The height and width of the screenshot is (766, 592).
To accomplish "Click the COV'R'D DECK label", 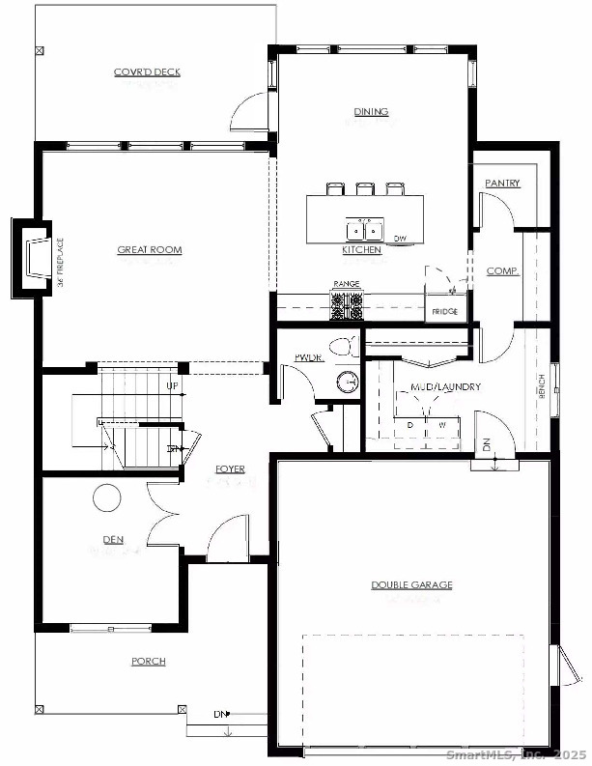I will point(147,72).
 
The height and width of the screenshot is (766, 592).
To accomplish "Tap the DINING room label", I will point(371,112).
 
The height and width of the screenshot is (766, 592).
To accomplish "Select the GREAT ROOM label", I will point(150,250).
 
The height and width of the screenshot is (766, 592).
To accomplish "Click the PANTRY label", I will point(502,183).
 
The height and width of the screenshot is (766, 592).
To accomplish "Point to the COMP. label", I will point(502,271).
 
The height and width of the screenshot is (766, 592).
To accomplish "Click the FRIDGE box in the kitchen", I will point(444,311).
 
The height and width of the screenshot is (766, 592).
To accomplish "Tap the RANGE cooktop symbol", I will point(347,306).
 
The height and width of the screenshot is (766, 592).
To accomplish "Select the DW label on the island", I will point(399,238).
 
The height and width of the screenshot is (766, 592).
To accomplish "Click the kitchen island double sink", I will point(364,230).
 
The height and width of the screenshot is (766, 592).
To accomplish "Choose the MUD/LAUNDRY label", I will point(446,387).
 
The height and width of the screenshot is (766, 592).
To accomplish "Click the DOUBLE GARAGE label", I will point(411,584).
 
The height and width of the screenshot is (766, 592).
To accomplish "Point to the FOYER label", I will point(230,469).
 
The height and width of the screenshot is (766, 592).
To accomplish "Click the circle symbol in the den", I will point(106,498).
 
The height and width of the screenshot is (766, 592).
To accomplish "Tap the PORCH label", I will point(149,662).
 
